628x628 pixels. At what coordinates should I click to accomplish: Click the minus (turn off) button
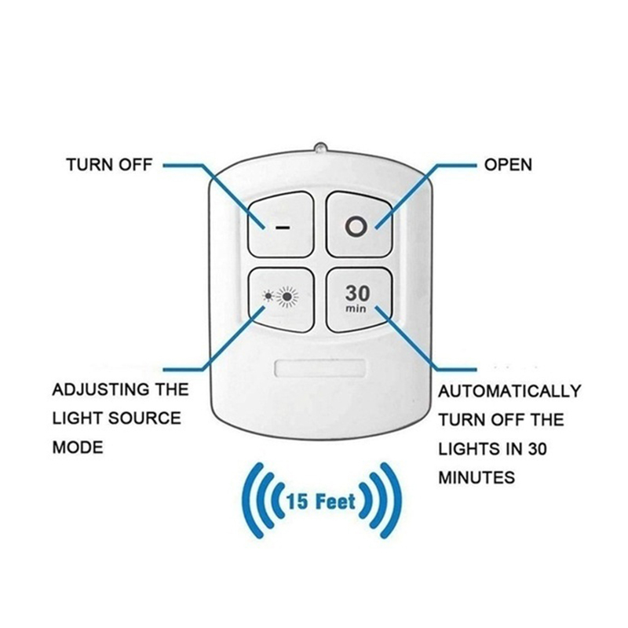coord(281,223)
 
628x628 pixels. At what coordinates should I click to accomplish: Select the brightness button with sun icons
coord(281,298)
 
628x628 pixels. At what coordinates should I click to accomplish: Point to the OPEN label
coord(508,165)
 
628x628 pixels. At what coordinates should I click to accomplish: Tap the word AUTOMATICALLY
coord(509,391)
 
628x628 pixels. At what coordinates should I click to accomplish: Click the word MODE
coord(77,447)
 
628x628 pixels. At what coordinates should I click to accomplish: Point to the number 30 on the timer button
coord(356,293)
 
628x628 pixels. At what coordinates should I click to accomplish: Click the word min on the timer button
coord(356,309)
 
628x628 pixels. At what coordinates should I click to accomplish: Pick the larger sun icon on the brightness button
coord(290,298)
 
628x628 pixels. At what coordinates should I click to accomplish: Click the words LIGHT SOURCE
coord(116,418)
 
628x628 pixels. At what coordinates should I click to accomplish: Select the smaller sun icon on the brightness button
coord(269,298)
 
